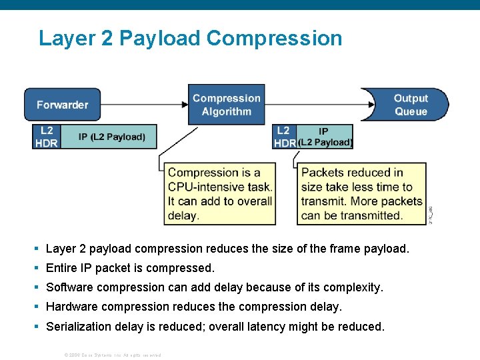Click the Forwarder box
tap(62, 105)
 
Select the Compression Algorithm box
tap(226, 105)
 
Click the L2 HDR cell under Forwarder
tap(46, 137)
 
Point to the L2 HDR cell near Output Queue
tap(284, 137)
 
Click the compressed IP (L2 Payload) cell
tap(325, 137)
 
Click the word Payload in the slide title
tap(160, 38)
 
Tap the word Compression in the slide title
tap(274, 38)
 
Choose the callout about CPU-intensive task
tap(220, 194)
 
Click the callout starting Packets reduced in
tap(361, 194)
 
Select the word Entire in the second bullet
tap(61, 268)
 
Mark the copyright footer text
tap(112, 355)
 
